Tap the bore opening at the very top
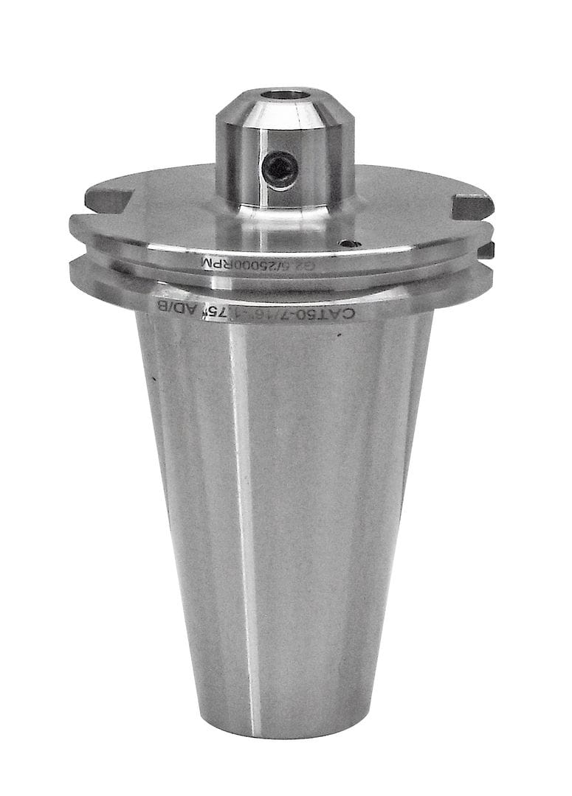287,95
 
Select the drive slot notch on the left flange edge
107,199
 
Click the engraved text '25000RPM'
221,262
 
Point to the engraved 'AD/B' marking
173,307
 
